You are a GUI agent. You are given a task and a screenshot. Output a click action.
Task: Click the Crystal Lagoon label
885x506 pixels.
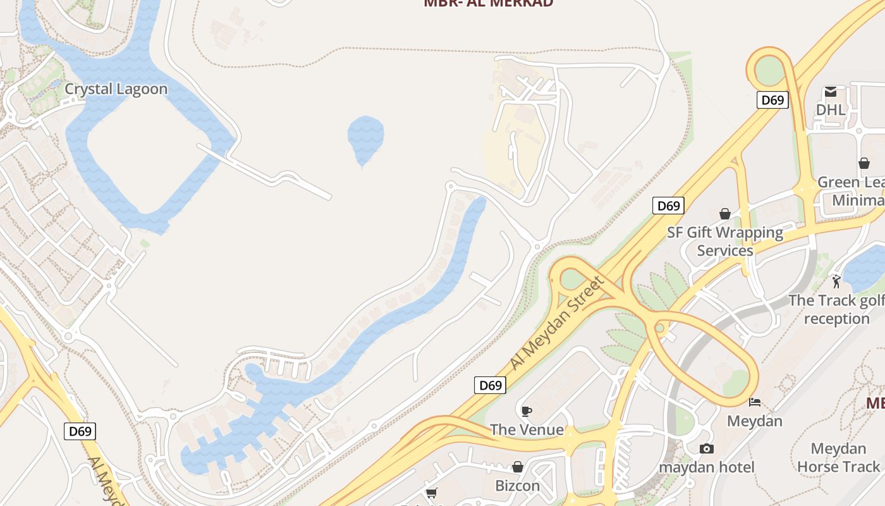point(116,89)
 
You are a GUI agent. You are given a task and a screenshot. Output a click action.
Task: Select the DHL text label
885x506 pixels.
point(830,109)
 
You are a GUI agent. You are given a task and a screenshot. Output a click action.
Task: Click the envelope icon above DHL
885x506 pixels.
point(830,92)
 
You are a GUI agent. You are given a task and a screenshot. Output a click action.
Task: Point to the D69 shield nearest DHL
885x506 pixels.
point(772,100)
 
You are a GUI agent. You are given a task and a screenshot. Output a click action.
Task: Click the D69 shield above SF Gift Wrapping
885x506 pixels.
point(668,206)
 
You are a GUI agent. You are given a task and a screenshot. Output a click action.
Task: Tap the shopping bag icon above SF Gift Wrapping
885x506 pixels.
point(725,214)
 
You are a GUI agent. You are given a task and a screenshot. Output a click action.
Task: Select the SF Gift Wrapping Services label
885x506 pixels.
point(725,242)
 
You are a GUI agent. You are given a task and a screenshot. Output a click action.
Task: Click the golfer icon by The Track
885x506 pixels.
point(836,281)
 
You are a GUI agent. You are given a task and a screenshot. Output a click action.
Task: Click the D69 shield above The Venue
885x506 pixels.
point(491,385)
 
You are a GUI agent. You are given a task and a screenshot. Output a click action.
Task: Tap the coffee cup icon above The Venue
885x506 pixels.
point(526,412)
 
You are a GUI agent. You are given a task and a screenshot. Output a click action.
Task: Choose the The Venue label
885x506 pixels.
point(527,430)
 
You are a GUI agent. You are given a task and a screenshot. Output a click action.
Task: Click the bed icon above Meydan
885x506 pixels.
point(754,402)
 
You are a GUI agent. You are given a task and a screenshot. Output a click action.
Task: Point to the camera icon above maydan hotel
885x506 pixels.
point(706,448)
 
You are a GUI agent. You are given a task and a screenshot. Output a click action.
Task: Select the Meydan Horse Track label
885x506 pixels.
point(838,458)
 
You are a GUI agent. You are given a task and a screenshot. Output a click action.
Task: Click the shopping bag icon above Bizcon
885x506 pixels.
point(518,467)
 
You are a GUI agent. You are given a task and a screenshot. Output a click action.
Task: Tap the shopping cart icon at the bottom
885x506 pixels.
point(432,493)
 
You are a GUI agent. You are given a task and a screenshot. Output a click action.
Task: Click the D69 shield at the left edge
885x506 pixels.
point(80,432)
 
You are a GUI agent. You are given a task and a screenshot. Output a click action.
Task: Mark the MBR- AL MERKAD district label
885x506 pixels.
point(488,3)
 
